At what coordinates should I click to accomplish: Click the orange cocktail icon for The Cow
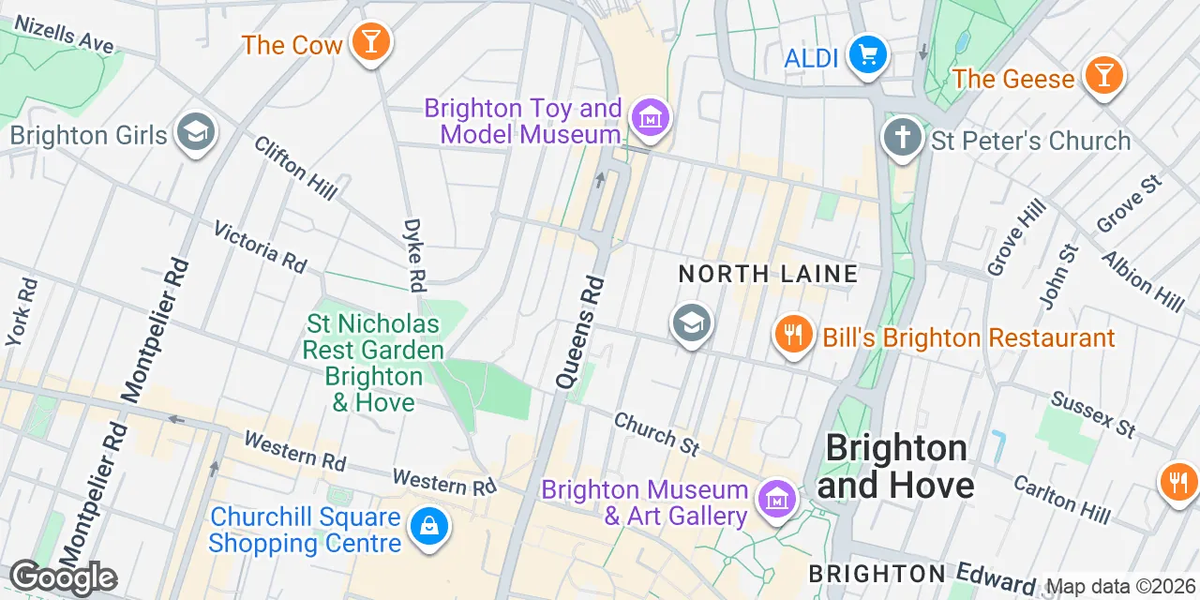(371, 42)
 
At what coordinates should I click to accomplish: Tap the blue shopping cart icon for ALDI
(867, 55)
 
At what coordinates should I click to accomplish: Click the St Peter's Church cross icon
(903, 139)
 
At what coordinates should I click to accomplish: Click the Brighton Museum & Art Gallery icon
(775, 498)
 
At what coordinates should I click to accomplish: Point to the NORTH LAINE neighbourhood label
(768, 274)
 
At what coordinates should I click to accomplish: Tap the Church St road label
(656, 434)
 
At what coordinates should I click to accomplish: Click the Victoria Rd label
(260, 247)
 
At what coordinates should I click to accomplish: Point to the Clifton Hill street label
(295, 168)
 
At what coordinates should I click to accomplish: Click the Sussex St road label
(1093, 414)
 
